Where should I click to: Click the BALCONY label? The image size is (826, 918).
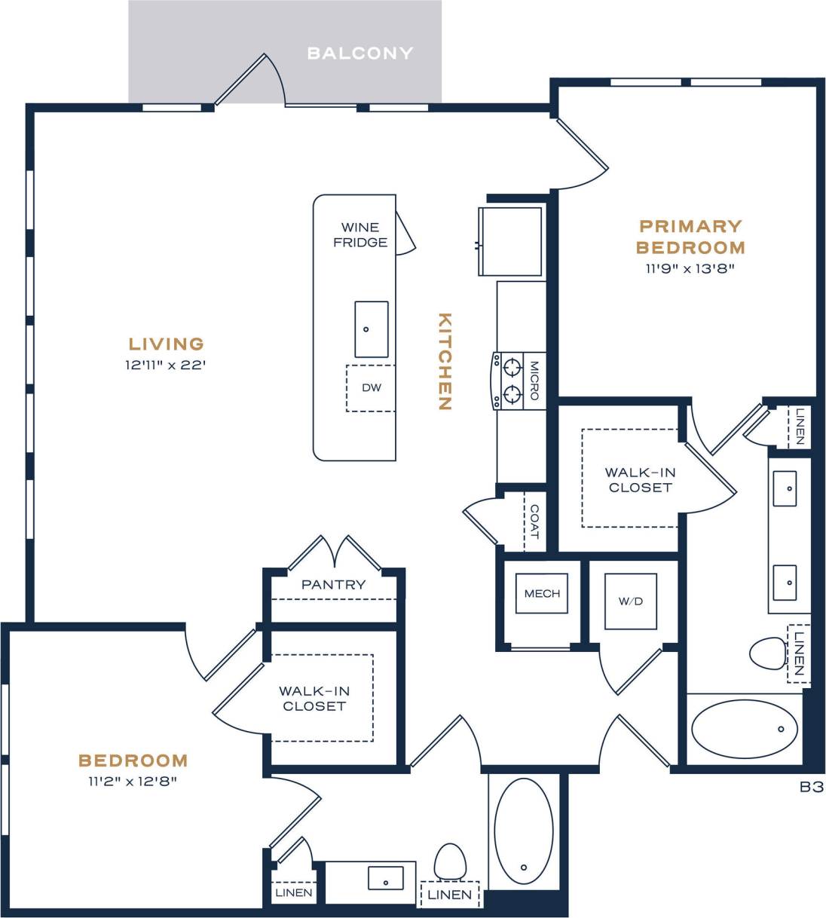tap(360, 54)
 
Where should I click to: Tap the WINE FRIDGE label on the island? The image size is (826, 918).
tap(360, 234)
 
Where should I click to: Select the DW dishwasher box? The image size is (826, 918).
tap(371, 388)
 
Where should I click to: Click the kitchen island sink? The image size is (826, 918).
tap(372, 329)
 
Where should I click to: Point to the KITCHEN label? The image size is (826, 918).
tap(445, 361)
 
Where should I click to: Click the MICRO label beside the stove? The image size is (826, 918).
tap(534, 381)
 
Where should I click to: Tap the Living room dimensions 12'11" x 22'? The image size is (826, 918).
tap(166, 366)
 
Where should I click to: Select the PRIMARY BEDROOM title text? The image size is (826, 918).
tap(690, 237)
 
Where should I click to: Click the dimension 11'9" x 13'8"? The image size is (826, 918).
tap(690, 268)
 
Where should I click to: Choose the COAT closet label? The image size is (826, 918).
tap(534, 522)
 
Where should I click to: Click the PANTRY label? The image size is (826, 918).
tap(333, 585)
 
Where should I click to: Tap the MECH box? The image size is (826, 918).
tap(542, 593)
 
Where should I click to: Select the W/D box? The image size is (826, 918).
tap(631, 601)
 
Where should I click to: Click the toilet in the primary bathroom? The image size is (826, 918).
tap(768, 653)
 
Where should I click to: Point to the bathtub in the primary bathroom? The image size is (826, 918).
tap(744, 729)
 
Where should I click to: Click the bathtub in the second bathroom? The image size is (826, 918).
tap(523, 831)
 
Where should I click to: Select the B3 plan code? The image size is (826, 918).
tap(811, 787)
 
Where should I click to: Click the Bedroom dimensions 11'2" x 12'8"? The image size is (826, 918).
tap(133, 782)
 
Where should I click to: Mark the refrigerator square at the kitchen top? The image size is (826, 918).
tap(512, 241)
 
